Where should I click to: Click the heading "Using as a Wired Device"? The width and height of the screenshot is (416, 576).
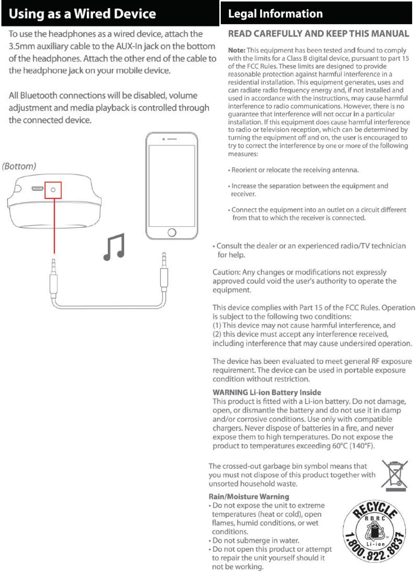coord(82,14)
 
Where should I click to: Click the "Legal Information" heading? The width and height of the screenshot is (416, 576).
coord(275,14)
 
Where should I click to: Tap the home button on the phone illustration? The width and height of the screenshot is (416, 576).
coord(172,232)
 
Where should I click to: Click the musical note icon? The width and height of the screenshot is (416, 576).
coord(114,247)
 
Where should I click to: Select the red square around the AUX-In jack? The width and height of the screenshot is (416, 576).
coord(53,190)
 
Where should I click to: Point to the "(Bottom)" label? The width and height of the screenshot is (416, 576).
coord(19,166)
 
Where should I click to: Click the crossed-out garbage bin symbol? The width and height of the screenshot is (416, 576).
coord(395,474)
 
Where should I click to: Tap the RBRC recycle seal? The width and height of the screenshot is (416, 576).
coord(375,531)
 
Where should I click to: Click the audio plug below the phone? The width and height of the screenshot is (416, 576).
coord(164,273)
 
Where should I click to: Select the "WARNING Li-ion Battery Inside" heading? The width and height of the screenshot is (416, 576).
coord(267,392)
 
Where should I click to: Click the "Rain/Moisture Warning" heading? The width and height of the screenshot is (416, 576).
coord(249,497)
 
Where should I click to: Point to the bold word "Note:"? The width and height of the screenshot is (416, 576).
coord(236,50)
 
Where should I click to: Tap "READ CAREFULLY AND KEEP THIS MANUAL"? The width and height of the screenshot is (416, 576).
coord(318,34)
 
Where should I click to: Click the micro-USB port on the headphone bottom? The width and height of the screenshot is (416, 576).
coord(37,189)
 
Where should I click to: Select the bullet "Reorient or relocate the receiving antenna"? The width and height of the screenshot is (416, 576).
coord(295,170)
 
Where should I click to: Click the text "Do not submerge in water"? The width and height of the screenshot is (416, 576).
coord(256,540)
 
